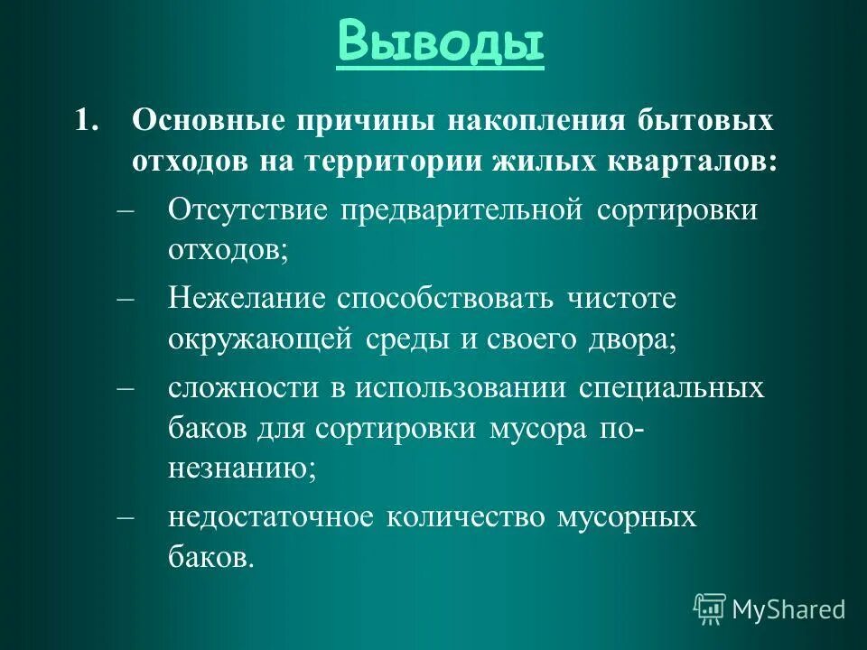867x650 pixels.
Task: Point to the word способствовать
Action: [448, 298]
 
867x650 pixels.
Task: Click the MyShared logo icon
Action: [709, 608]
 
